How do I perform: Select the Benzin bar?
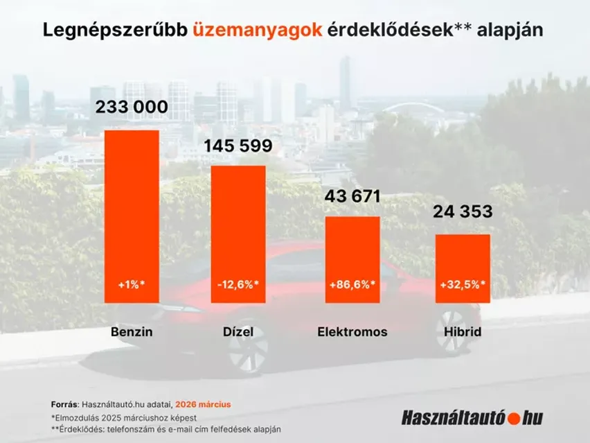coord(132,208)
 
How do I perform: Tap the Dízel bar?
coord(238,229)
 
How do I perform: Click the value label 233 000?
coord(132,107)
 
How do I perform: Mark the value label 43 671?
coord(352,196)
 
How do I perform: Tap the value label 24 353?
coord(463,212)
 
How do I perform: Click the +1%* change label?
coord(132,284)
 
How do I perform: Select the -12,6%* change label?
coord(238,284)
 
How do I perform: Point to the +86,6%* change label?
coord(352,284)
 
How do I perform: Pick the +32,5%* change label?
coord(463,284)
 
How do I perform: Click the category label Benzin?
coord(132,332)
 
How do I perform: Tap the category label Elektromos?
coord(352,332)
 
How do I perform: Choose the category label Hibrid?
coord(463,332)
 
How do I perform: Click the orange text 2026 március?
coord(203,404)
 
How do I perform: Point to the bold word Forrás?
coord(64,404)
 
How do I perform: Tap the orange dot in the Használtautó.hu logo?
coord(514,418)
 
